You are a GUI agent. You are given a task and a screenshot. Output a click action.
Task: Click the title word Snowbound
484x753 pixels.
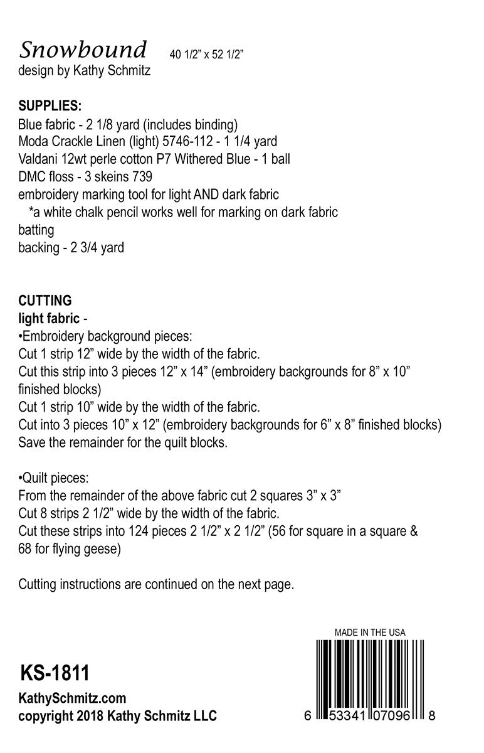click(x=83, y=49)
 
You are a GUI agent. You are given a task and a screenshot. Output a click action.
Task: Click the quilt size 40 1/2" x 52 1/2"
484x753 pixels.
click(x=206, y=55)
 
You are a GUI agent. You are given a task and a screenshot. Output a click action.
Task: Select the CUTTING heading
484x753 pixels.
click(x=45, y=301)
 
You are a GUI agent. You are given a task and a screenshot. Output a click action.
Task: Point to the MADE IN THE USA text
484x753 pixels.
click(x=370, y=633)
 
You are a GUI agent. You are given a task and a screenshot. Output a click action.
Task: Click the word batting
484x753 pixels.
click(x=36, y=230)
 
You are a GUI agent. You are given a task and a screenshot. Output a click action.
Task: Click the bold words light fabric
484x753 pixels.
click(x=49, y=318)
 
